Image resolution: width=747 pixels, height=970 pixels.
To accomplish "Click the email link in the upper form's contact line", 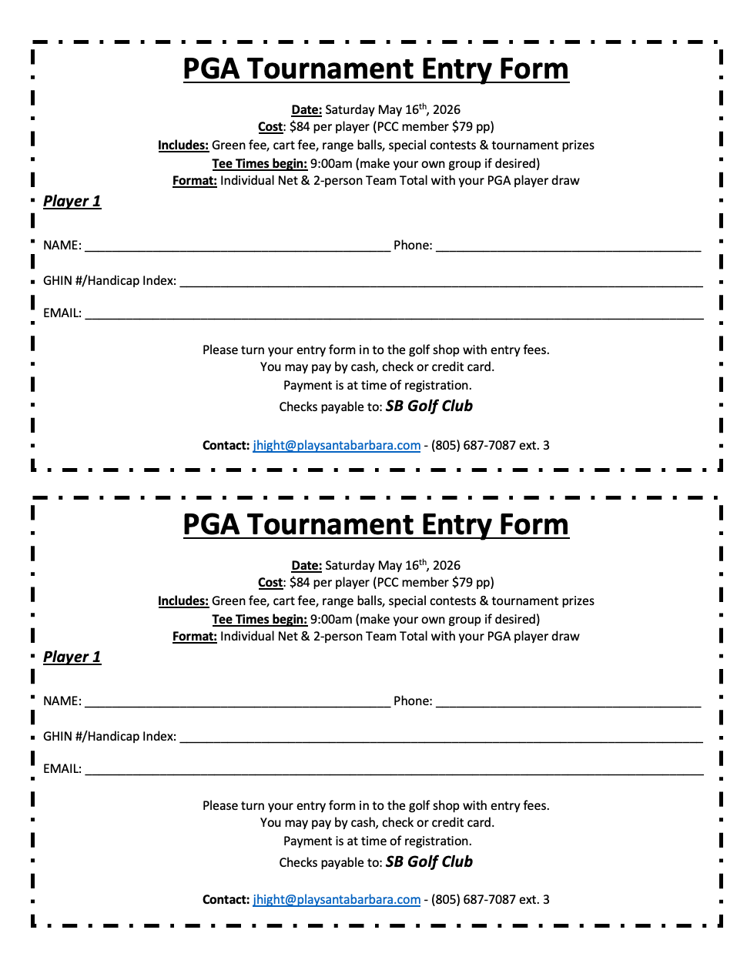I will [337, 446].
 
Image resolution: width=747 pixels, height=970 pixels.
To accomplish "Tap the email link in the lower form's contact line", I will [337, 900].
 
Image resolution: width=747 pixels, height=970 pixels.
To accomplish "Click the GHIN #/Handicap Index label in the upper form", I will [109, 281].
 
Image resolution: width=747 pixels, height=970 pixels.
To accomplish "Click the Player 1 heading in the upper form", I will [72, 202].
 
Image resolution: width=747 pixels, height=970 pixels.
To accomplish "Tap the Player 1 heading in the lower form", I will [72, 657].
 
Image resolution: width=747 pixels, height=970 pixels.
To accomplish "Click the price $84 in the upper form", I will [300, 127].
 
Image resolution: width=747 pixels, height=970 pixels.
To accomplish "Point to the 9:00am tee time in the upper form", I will [331, 164].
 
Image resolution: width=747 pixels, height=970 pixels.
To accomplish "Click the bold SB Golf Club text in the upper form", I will [429, 406].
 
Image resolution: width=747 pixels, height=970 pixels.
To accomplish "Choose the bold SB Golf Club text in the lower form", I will [429, 862].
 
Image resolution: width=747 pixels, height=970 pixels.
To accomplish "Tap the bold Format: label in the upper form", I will [195, 181].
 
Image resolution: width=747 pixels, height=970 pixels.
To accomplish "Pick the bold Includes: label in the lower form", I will [183, 601].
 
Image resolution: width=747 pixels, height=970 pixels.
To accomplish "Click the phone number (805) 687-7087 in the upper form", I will [473, 446].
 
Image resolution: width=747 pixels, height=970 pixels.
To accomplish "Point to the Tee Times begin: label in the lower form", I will [260, 620].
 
